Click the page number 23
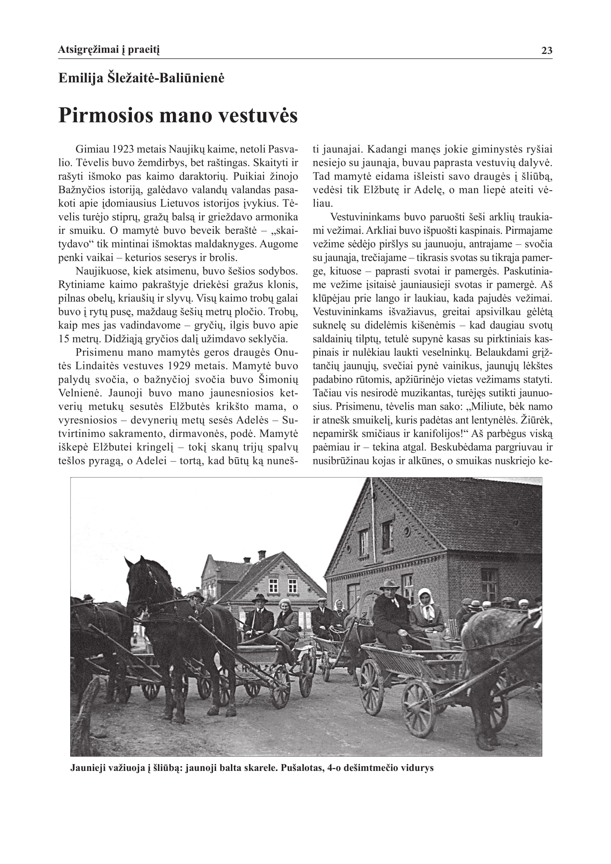pyautogui.click(x=547, y=51)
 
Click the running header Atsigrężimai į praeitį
pyautogui.click(x=109, y=49)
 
